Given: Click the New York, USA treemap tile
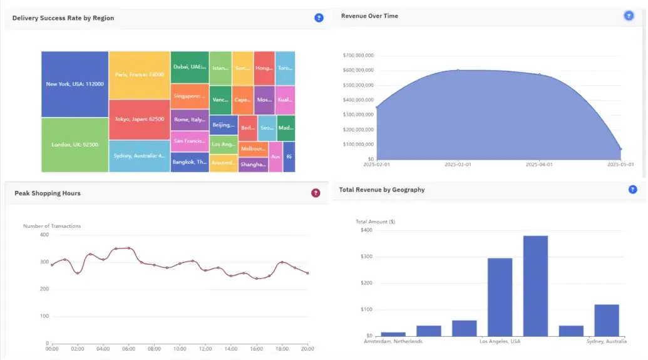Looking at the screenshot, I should [x=75, y=84].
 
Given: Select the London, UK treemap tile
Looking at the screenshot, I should [x=75, y=145].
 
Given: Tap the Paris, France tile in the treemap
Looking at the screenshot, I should [x=140, y=75].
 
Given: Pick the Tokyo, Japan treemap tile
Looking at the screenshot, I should [x=140, y=119].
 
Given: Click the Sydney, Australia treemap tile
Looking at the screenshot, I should [x=140, y=156].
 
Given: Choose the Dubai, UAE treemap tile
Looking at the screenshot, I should [x=190, y=67].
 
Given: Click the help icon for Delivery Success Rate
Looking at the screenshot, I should [x=319, y=18].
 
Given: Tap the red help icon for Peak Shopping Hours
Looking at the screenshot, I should [x=316, y=193].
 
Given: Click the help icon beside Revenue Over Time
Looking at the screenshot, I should [x=629, y=16].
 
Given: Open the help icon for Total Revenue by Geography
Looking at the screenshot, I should [x=632, y=189].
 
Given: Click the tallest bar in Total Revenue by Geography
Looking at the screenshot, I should [x=535, y=285].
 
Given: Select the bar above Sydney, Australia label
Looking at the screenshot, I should [x=606, y=320].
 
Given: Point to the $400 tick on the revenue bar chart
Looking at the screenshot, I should [x=366, y=230].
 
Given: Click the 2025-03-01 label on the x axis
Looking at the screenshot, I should [x=458, y=165].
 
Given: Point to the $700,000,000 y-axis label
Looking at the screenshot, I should [x=358, y=55].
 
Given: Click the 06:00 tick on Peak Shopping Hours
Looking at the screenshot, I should [x=129, y=349].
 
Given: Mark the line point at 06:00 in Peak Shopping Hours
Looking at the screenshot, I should [x=129, y=248].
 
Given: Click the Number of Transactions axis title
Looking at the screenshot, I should [x=52, y=226].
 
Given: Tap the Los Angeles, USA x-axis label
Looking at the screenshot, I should [x=500, y=341].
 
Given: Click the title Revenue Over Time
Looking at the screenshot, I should [x=369, y=16].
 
